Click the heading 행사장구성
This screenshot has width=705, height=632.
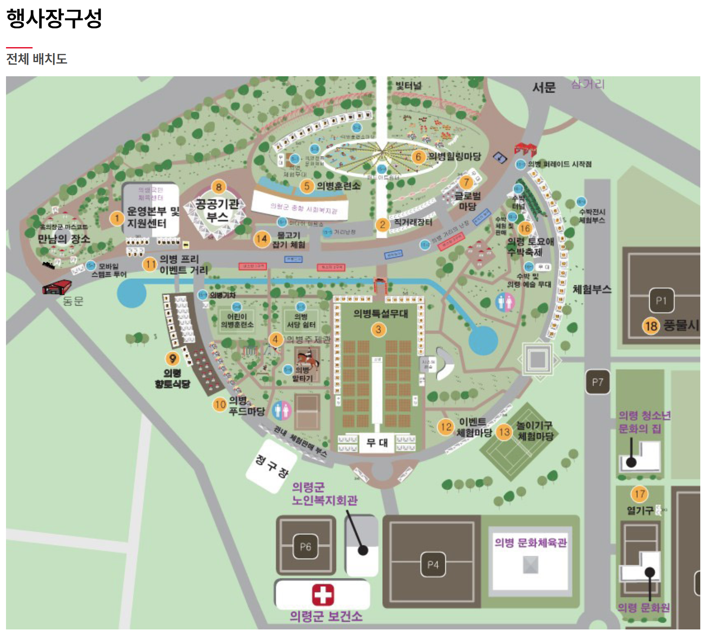54,18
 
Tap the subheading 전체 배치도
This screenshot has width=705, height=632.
37,59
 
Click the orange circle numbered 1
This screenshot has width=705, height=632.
117,218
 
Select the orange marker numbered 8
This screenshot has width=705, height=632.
219,187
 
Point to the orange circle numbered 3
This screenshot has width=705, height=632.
378,329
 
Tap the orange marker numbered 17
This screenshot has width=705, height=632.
639,494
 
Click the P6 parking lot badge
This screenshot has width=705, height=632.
305,546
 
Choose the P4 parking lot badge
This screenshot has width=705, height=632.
433,565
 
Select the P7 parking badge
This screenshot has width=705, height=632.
597,382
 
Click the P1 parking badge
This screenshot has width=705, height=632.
661,300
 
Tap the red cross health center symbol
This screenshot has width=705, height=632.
322,594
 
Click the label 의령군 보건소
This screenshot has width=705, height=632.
326,617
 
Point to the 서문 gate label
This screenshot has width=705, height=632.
544,87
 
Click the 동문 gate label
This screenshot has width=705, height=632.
73,301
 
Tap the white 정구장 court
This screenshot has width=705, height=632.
272,466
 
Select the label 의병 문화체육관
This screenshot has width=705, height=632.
531,542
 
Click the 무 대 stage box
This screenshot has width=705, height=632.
377,442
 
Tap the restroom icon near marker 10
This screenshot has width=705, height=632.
282,410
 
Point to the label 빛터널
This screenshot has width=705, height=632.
408,85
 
